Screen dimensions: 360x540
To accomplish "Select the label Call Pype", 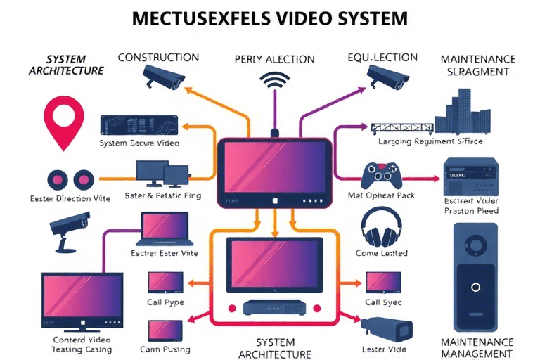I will coord(166,302).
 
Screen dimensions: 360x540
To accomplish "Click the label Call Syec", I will coord(383,302).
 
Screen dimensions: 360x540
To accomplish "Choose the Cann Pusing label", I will coord(166,349).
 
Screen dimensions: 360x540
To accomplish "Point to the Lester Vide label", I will coord(384,349).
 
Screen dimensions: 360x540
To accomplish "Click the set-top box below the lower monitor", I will coord(274,307).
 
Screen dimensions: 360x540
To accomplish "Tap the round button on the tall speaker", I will coord(475,287).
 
